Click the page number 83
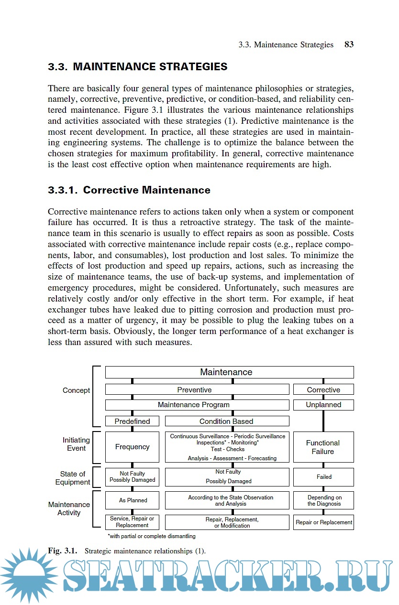(x=349, y=44)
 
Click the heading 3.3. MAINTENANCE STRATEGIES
(x=138, y=67)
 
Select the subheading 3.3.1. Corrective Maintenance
(x=129, y=190)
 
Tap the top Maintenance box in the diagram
(x=229, y=372)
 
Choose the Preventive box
(x=197, y=389)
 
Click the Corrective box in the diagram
(x=323, y=389)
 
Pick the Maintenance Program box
(x=197, y=405)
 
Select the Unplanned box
(x=323, y=405)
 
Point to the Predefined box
(x=132, y=421)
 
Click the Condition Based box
(x=227, y=421)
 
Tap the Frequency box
(x=132, y=447)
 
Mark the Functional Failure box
(x=323, y=447)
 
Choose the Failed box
(x=323, y=477)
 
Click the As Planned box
(x=132, y=500)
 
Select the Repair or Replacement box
(x=323, y=522)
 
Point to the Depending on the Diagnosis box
(x=323, y=500)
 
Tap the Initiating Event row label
(x=76, y=444)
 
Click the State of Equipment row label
(x=72, y=478)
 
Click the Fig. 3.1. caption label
(x=63, y=551)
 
